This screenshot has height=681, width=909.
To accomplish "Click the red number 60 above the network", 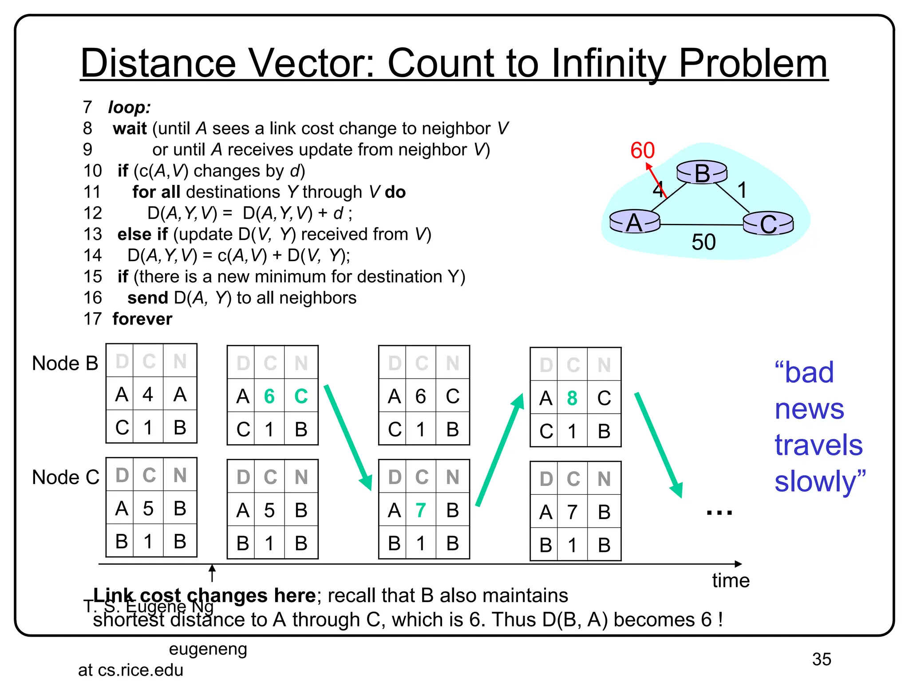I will [642, 150].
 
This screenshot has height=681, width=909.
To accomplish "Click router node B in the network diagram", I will [702, 172].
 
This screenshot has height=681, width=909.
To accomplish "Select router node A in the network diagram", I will [634, 222].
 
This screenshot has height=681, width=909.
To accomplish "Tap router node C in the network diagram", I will [768, 223].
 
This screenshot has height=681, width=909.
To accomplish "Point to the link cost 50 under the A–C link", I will [703, 242].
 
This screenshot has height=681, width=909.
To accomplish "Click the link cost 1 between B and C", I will [742, 190].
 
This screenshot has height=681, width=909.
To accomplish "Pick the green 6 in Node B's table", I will [269, 396].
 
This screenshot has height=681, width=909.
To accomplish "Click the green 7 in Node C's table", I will [420, 510].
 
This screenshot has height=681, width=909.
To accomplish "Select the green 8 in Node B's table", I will [572, 398].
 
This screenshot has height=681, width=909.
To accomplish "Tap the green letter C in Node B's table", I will [301, 396].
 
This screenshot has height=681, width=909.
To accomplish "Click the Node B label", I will [65, 363].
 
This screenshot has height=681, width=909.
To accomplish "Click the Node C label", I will [66, 477].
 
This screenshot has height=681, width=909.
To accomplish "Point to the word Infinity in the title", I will [608, 63].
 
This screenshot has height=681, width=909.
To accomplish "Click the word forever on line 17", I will [142, 319].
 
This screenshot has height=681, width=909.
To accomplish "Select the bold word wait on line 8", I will [130, 129].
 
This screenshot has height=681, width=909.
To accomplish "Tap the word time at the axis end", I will [731, 580].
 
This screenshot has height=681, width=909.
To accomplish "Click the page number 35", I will [821, 659].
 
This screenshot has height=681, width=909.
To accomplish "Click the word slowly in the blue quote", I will [815, 481].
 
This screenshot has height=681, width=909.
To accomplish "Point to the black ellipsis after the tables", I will [719, 513].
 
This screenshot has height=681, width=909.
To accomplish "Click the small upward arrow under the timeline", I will [212, 572].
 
